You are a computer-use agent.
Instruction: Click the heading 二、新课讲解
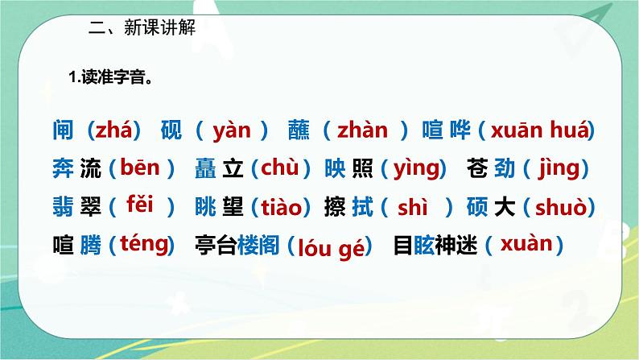(x=142, y=26)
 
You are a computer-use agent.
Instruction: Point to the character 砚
(x=171, y=130)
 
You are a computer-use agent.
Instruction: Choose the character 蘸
(x=298, y=130)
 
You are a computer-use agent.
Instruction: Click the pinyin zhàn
(x=362, y=129)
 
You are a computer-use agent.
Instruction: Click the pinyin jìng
(x=556, y=168)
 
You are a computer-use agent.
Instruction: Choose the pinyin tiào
(x=286, y=207)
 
